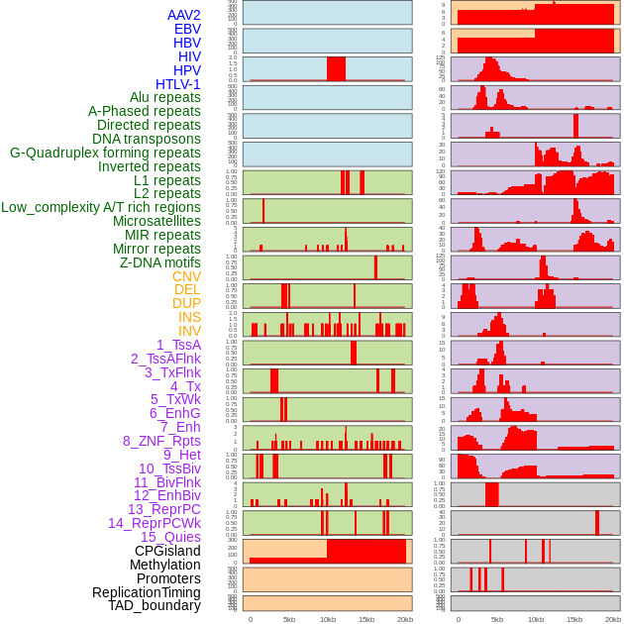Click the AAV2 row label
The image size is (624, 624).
click(184, 15)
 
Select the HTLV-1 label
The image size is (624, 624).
click(178, 84)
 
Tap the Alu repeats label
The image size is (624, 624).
click(165, 97)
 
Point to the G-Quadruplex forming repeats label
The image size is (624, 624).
click(105, 153)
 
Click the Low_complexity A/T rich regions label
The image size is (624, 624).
click(101, 207)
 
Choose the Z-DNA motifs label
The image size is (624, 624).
click(160, 262)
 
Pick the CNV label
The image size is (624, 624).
click(186, 276)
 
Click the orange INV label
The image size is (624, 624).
click(189, 331)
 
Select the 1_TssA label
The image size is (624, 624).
click(178, 345)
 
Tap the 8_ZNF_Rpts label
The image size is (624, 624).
click(161, 441)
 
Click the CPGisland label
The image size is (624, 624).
click(167, 551)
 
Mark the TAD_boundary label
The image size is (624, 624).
click(155, 605)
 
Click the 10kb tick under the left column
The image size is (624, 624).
click(328, 619)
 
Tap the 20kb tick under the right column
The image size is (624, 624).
click(612, 619)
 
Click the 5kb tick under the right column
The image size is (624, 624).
click(496, 619)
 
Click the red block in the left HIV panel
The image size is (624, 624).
click(336, 68)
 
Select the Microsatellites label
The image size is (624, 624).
click(156, 221)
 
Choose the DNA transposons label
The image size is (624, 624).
click(147, 139)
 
